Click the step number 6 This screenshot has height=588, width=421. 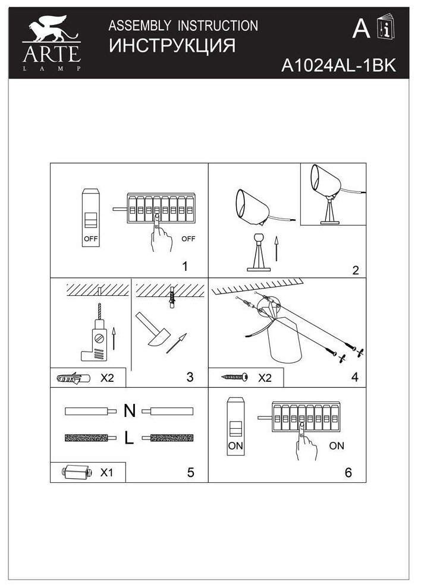(348, 473)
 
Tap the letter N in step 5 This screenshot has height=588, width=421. (130, 410)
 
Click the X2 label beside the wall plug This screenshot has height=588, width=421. (107, 377)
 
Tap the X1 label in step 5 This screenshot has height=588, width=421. (107, 473)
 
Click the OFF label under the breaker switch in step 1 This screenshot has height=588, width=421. (90, 240)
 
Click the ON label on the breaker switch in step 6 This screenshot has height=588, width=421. (235, 444)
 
